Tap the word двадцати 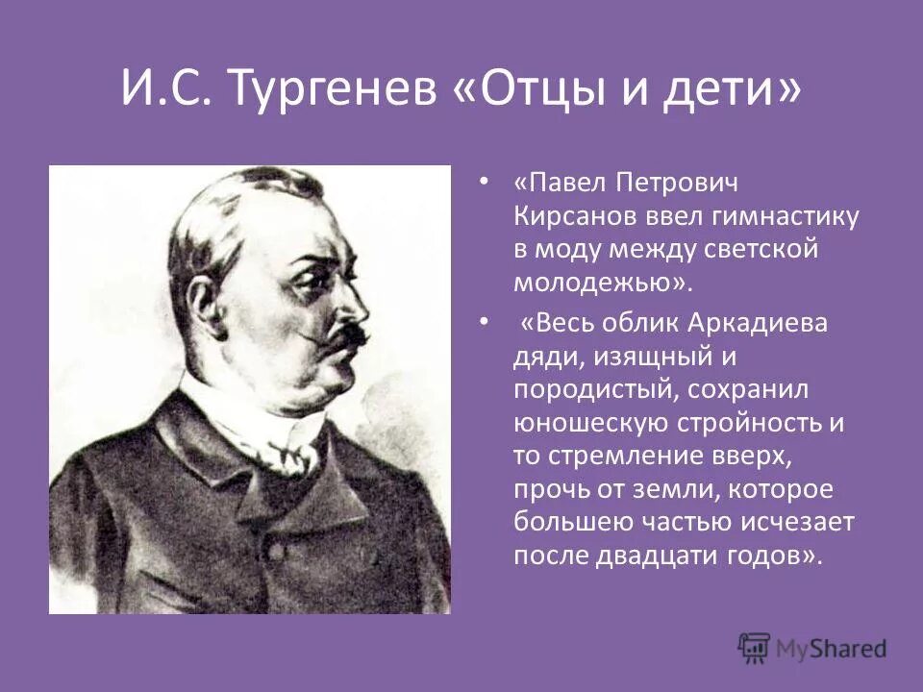671,556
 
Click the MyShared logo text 833,648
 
